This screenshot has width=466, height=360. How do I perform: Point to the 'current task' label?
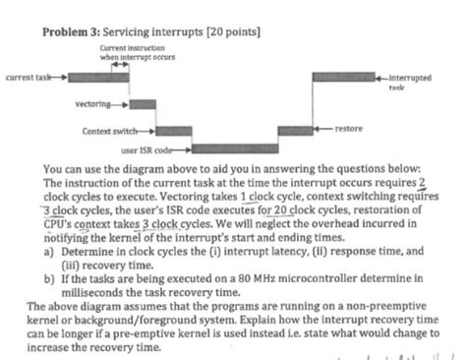point(28,75)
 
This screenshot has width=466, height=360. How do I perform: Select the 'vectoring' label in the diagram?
point(92,102)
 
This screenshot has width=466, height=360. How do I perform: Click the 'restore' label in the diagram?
point(350,129)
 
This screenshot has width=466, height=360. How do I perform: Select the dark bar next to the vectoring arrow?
point(144,102)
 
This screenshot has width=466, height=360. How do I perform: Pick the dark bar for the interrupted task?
point(343,76)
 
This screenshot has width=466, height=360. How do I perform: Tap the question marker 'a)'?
point(49,251)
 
